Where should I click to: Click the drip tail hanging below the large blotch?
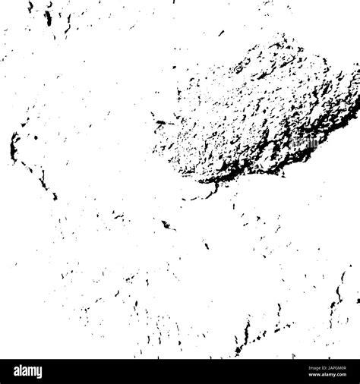pyautogui.click(x=216, y=184)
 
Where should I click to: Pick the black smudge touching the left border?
pyautogui.click(x=14, y=144)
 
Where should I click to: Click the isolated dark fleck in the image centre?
pyautogui.click(x=166, y=225)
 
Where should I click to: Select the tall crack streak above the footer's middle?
pyautogui.click(x=245, y=334)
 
